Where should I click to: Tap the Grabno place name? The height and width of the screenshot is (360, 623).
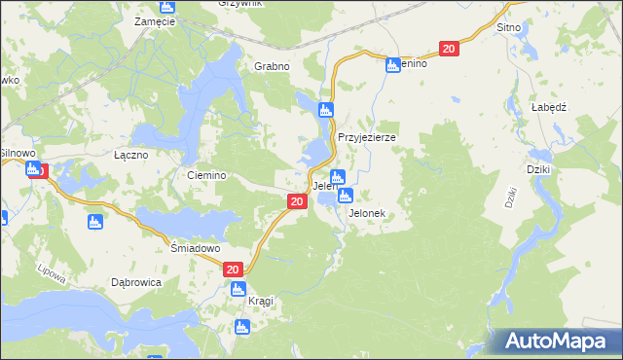273,66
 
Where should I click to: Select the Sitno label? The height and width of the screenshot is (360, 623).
508,27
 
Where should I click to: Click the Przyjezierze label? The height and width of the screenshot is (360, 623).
366,137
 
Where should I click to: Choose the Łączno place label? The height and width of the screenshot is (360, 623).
130,155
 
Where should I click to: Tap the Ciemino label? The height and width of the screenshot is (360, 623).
206,175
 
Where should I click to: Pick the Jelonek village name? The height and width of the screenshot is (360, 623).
367,213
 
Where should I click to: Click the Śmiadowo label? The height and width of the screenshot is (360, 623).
192,247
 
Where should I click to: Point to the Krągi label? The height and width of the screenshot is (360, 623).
260,301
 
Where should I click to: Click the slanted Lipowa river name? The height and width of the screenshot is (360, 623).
53,275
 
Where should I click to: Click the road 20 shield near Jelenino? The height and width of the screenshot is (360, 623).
448,49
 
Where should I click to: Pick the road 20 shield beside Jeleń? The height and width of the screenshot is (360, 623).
298,200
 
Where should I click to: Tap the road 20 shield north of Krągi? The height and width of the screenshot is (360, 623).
232,270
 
